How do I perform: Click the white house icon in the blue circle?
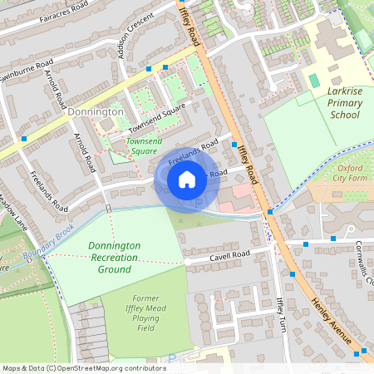click(187, 179)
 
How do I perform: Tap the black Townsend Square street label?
click(155, 121)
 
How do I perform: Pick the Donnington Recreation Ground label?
click(114, 258)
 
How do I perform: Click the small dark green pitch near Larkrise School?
click(313, 80)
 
